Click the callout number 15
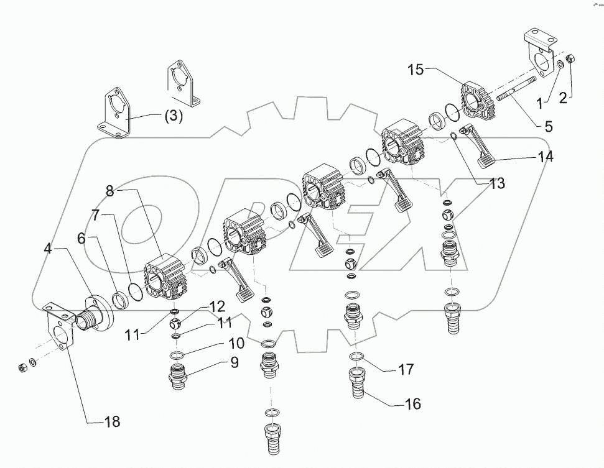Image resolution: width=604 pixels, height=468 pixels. (x=417, y=70)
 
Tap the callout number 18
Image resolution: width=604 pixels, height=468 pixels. (x=111, y=422)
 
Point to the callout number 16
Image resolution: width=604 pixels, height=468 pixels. (x=412, y=404)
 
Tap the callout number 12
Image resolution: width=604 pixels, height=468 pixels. (x=216, y=306)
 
